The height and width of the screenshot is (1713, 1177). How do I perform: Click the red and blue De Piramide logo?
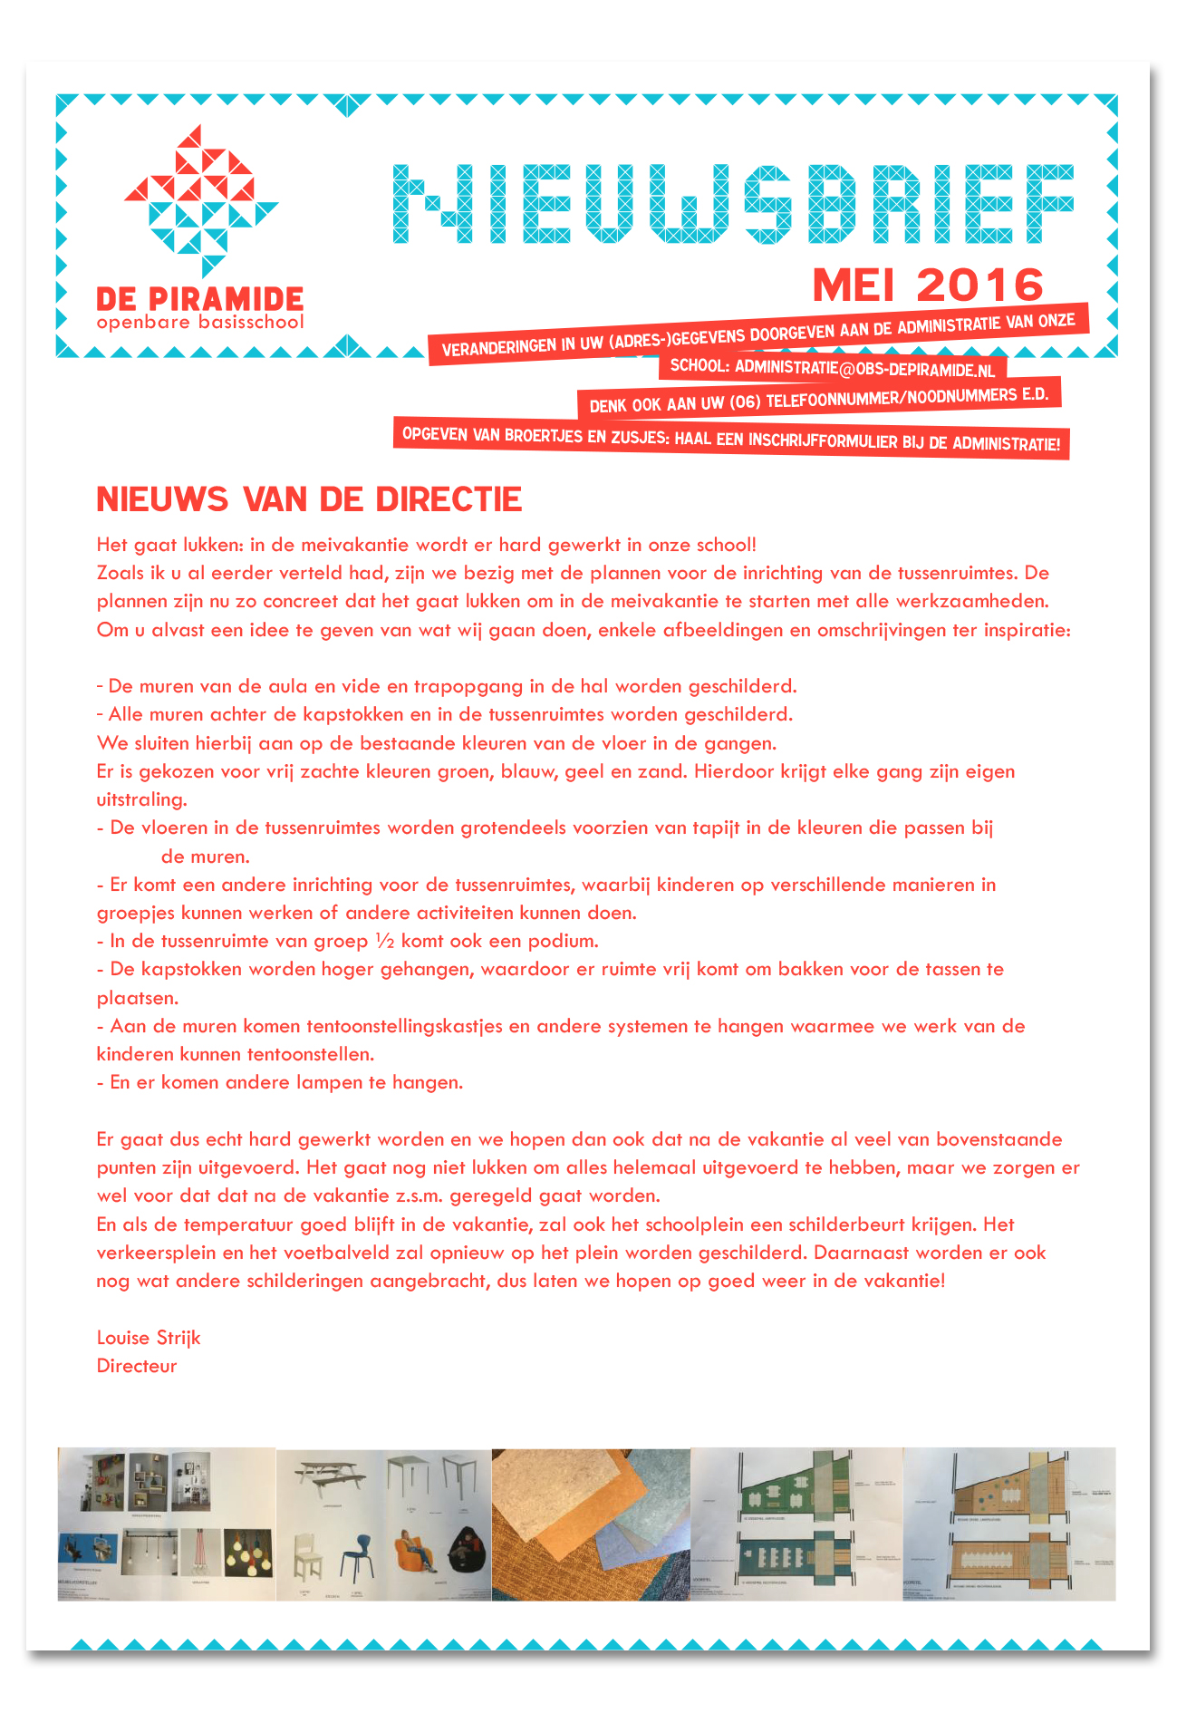coord(201,201)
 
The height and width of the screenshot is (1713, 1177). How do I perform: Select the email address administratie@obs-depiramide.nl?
coord(864,368)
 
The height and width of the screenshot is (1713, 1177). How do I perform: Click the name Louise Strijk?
coord(149,1338)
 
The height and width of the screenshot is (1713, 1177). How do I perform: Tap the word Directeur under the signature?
coord(137,1366)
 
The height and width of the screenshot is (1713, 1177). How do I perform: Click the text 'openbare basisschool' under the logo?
coord(200,323)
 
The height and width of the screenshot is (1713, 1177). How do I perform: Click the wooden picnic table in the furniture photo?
coord(331,1476)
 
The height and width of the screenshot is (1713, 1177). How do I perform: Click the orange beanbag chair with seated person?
coord(417,1552)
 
